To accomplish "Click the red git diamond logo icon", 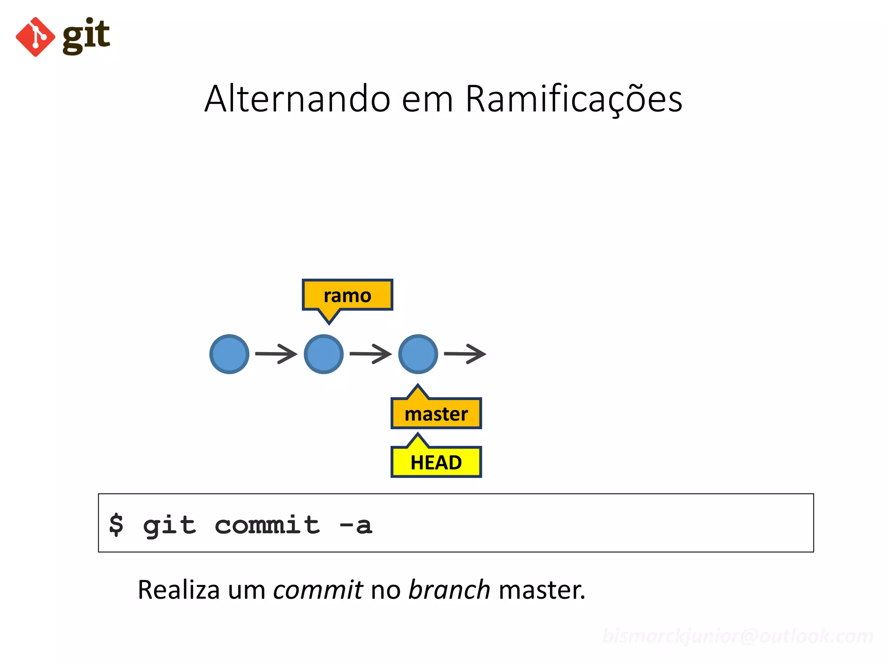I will tap(35, 37).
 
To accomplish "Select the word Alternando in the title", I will tap(298, 99).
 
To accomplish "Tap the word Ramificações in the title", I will tap(573, 100).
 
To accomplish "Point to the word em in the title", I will tap(427, 100).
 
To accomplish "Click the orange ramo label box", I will tap(347, 295).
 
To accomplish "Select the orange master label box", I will tap(436, 413).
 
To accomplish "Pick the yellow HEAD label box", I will tap(436, 462).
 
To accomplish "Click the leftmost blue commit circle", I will tap(229, 354).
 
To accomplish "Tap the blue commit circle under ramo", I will tap(324, 354).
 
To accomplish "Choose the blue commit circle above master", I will tap(418, 354).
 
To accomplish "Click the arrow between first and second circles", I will tap(276, 354).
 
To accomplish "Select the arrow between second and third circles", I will tap(370, 354).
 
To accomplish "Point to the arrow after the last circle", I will tap(465, 354).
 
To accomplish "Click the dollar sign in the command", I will tap(116, 525).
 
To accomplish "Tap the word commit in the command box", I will tap(267, 525).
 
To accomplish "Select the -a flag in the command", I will tap(356, 525).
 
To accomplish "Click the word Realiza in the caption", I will tap(178, 590).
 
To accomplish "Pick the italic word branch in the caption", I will tap(449, 590).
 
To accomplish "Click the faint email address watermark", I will tap(738, 636).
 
